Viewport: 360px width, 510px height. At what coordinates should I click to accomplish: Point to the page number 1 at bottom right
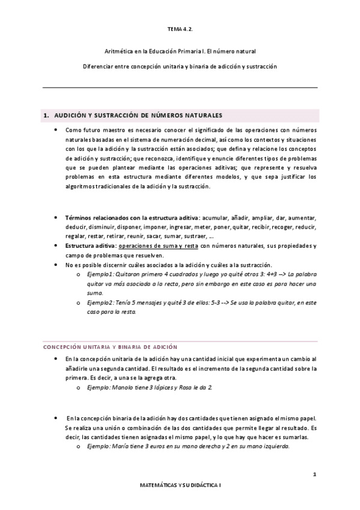(314, 475)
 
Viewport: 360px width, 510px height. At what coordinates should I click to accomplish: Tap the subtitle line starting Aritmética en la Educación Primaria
(180, 52)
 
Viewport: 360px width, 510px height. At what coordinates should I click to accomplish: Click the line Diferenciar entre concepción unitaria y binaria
(180, 66)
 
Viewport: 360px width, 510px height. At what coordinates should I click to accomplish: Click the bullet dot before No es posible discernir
(56, 265)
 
